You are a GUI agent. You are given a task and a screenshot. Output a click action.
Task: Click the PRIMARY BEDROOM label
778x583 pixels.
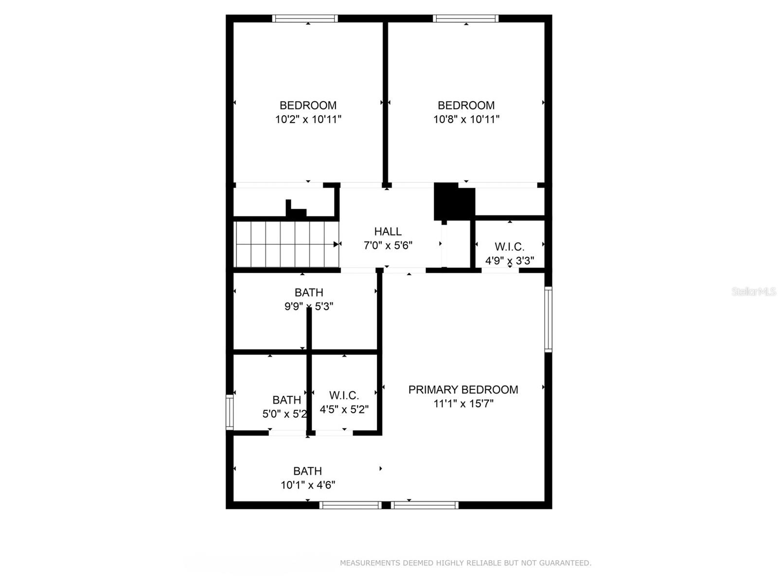463,389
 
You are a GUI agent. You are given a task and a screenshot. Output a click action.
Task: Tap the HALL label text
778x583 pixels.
388,231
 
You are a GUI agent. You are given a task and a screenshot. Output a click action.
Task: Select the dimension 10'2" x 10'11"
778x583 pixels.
308,119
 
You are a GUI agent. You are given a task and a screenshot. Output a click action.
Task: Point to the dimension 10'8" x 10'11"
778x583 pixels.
466,119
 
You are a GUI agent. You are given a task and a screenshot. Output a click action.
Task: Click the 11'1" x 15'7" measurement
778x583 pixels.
463,404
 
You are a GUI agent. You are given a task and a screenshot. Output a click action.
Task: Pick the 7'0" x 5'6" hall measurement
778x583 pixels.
388,246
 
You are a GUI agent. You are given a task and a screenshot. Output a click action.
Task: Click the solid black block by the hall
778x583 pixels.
454,201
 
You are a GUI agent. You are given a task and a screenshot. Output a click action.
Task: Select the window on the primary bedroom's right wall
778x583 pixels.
548,319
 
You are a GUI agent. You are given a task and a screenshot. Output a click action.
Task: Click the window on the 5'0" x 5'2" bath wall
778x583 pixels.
230,412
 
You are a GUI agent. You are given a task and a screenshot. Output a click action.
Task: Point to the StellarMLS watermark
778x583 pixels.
754,292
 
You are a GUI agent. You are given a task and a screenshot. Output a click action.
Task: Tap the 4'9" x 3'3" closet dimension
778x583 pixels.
510,261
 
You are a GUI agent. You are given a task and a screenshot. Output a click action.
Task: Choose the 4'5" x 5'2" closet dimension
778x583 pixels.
344,409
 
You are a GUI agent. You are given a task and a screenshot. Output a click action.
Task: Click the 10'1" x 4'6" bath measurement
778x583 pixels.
308,485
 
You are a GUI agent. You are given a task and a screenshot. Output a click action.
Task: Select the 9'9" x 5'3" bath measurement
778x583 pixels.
309,306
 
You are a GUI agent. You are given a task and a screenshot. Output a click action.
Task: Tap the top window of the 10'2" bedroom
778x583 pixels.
304,18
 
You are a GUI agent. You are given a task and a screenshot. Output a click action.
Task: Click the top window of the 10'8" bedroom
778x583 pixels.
466,18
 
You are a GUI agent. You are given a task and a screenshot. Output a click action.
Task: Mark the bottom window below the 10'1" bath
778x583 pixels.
350,505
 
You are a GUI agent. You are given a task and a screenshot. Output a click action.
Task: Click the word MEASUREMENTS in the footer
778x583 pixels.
370,563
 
